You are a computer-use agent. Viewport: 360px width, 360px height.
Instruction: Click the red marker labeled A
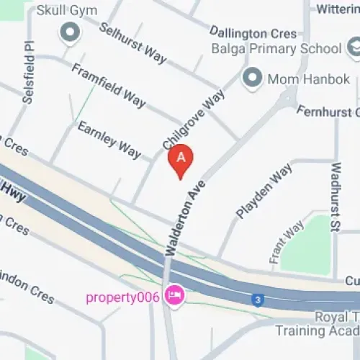[181, 159]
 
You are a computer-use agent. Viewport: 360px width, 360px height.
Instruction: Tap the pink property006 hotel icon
[173, 295]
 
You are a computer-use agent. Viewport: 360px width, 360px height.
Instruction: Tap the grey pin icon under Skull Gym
[70, 32]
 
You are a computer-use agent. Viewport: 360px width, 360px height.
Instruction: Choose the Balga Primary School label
[276, 49]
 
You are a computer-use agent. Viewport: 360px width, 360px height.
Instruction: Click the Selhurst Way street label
[132, 42]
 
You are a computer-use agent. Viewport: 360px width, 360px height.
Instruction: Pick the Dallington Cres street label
[254, 32]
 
